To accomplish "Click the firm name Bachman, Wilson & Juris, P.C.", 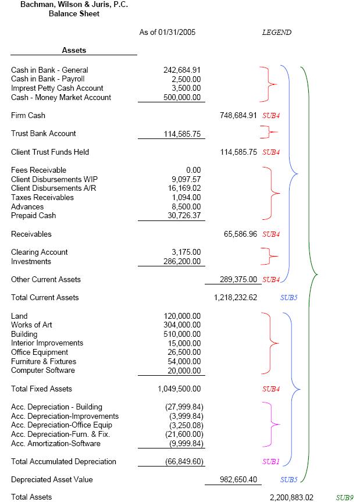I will [74, 5].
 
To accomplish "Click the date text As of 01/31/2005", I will [167, 33].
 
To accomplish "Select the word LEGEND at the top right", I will [277, 33].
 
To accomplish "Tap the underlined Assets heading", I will [74, 51].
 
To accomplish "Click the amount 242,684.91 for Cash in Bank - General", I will [182, 70].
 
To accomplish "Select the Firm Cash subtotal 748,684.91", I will [238, 116].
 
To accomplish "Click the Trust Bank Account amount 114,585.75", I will [182, 134].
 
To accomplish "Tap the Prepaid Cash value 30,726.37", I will [184, 216].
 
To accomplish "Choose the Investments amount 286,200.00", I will [182, 262].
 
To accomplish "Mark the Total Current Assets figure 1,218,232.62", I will [236, 298].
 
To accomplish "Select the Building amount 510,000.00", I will [182, 334].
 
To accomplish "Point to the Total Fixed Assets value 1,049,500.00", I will [179, 389].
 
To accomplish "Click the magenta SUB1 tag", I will [271, 462].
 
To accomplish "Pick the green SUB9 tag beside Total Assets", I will [345, 497].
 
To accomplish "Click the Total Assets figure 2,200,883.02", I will [291, 497].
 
